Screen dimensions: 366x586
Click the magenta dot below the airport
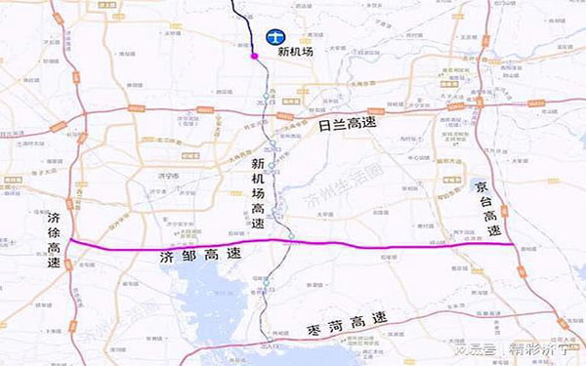click(255, 58)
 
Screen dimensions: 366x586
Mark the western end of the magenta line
click(70, 242)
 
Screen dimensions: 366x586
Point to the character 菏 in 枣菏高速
click(327, 319)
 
